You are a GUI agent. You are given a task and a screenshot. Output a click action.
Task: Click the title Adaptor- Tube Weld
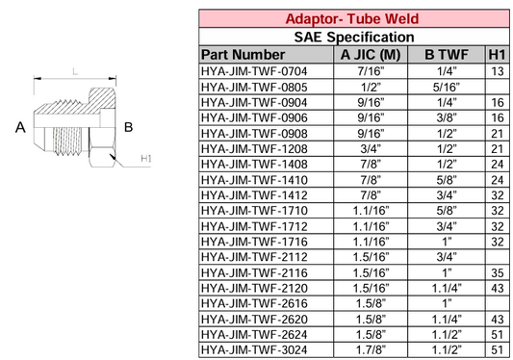tap(354, 18)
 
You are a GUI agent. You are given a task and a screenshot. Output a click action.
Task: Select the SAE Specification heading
tap(354, 37)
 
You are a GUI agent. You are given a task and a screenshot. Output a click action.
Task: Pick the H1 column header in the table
tap(498, 55)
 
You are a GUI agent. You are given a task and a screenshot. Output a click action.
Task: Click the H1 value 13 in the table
tap(498, 71)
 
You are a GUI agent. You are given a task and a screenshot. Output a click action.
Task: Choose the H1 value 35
tap(498, 271)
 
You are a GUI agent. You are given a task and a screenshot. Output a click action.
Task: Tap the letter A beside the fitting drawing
tap(18, 126)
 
